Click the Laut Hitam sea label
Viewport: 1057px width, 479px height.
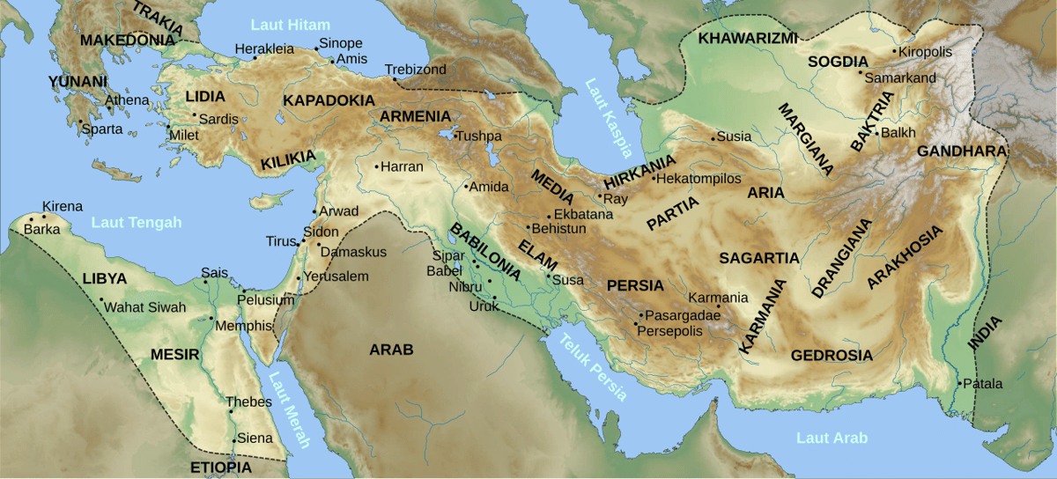pyautogui.click(x=290, y=24)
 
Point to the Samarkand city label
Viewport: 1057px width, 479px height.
pyautogui.click(x=900, y=77)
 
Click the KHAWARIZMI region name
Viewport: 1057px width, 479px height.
pyautogui.click(x=748, y=38)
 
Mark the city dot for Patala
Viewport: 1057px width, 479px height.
pyautogui.click(x=959, y=384)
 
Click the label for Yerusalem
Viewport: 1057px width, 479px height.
pyautogui.click(x=336, y=276)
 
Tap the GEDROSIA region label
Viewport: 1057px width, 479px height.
pyautogui.click(x=832, y=356)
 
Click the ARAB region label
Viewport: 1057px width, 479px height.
pyautogui.click(x=391, y=350)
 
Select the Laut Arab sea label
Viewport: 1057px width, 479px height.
pyautogui.click(x=832, y=438)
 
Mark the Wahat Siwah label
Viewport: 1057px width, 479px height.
pyautogui.click(x=145, y=307)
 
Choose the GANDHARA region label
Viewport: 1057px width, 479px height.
pyautogui.click(x=961, y=151)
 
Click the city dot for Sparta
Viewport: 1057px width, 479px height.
pyautogui.click(x=79, y=122)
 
